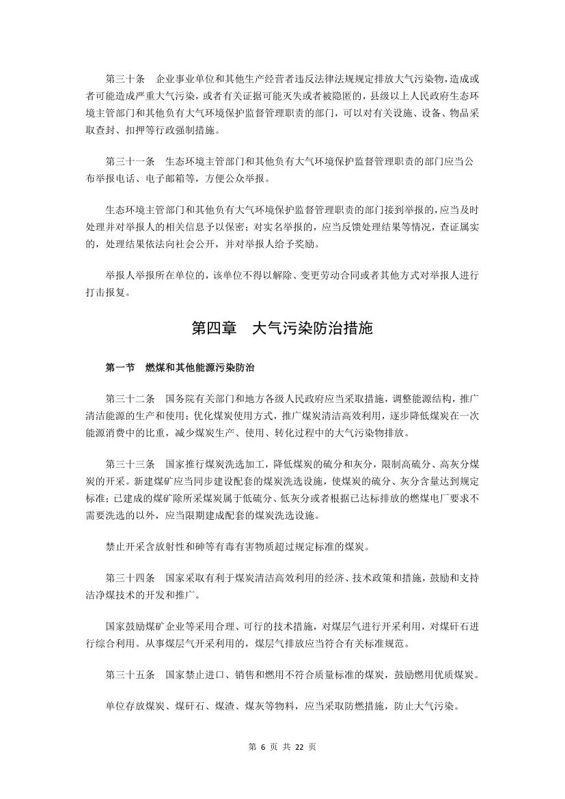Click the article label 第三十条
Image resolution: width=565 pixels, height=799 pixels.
pos(125,79)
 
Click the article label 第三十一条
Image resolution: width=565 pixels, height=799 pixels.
pos(130,163)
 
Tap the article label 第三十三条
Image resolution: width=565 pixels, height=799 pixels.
pos(130,462)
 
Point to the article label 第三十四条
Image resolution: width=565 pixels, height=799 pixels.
pos(130,577)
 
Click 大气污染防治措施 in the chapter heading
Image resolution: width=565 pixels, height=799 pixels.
pos(312,328)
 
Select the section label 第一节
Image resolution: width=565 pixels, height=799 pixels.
pos(120,367)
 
